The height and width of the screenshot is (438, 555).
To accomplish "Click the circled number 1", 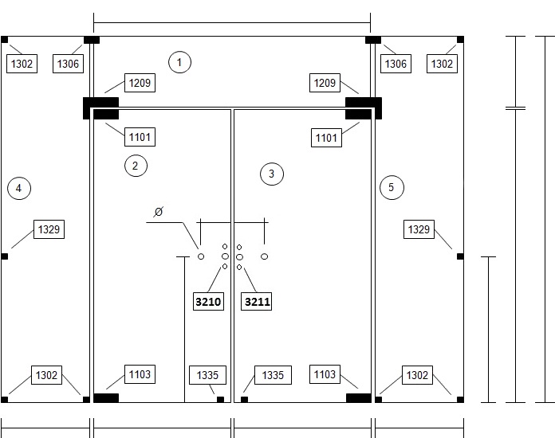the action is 179,62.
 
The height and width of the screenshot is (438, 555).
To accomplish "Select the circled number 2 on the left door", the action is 136,166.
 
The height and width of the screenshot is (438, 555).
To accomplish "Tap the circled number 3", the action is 272,174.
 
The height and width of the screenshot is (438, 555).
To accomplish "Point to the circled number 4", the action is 19,188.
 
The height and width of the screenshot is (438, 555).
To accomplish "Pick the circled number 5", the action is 392,187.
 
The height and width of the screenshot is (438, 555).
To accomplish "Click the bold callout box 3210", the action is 208,302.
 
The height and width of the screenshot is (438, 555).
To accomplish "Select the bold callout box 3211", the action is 256,302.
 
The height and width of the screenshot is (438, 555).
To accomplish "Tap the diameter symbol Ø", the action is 158,212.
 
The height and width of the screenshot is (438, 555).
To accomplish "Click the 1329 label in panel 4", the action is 49,229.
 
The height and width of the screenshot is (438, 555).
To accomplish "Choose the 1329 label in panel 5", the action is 419,229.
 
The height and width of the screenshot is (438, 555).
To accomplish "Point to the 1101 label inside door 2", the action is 140,137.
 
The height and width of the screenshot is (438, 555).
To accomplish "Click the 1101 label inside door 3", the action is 326,138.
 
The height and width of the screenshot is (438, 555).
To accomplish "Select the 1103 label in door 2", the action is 140,374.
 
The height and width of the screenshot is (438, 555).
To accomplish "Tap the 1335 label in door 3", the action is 273,375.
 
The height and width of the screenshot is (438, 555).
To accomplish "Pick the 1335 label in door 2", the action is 207,375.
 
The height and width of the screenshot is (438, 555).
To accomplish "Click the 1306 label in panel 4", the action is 68,64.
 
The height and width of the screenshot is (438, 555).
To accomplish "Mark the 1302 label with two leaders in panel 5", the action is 417,375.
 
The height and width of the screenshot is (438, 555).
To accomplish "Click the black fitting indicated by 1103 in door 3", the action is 359,398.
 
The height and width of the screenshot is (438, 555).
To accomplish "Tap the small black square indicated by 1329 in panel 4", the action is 5,256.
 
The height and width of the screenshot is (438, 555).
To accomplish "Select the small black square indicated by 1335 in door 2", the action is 220,400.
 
